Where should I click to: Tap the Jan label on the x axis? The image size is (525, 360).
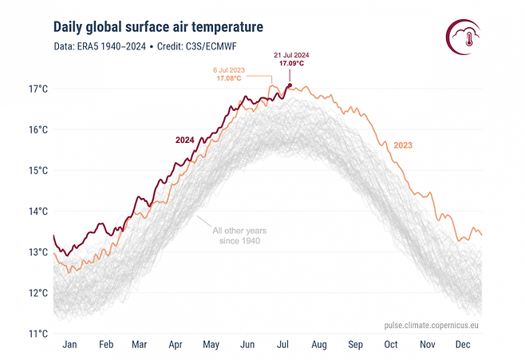(69, 345)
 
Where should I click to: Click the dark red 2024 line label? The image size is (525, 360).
(185, 140)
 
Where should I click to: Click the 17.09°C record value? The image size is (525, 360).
(291, 65)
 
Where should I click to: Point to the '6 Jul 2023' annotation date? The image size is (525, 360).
(231, 70)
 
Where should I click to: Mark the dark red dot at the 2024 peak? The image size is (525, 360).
(290, 85)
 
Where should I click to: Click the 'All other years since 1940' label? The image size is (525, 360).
(237, 235)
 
